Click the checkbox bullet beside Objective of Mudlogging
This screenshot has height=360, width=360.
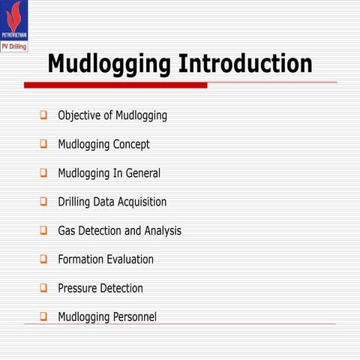43,116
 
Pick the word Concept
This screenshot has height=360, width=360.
132,144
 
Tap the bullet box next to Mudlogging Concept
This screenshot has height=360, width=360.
43,144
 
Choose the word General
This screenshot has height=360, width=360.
142,173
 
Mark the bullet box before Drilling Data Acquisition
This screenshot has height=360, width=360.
43,202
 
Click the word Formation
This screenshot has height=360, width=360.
84,259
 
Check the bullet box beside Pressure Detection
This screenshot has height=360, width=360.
43,288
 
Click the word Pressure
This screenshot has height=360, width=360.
79,288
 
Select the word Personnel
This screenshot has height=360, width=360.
133,316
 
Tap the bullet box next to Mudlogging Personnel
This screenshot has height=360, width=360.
43,316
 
